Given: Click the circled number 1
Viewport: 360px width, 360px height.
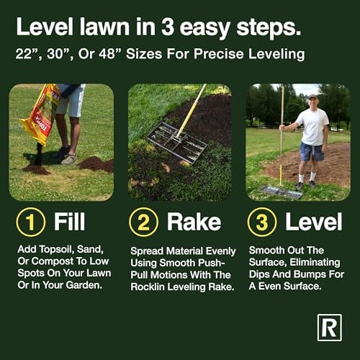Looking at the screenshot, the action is tap(30, 222).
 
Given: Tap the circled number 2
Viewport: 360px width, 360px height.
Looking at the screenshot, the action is tap(143, 222).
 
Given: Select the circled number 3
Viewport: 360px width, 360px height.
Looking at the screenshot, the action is tap(262, 222).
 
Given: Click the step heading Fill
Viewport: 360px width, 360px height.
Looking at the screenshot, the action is tap(69, 222).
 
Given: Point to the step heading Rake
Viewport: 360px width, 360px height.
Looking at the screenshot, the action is tap(194, 222).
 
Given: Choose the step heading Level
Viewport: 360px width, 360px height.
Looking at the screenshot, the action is tap(313, 222).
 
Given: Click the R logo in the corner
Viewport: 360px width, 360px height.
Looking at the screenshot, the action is tap(330, 328).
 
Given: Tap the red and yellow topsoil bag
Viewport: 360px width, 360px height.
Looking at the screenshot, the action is tap(41, 113).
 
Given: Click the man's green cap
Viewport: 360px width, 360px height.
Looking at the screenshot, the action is tap(312, 96).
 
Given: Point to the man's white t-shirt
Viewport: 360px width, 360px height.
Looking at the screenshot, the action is tap(313, 127).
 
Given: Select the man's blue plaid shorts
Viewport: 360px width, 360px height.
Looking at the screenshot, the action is tap(312, 152).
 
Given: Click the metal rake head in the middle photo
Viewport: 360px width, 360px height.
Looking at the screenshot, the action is tap(177, 142).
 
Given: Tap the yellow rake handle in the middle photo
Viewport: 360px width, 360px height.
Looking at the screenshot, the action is tap(191, 111).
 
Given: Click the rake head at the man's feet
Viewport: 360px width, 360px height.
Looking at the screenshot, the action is tap(281, 192).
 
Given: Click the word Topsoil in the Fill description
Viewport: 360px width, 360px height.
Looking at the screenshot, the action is tap(56, 250).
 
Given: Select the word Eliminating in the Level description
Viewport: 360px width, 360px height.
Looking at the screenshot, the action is tap(315, 262).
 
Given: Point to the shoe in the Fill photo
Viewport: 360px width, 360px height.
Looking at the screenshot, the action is tap(69, 159).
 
